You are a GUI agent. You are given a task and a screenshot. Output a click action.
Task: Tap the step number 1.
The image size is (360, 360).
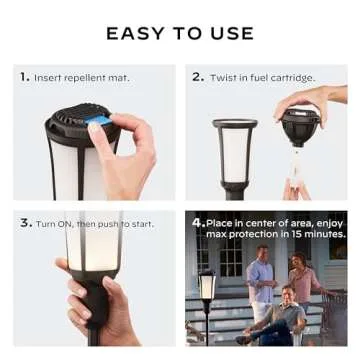point(23,76)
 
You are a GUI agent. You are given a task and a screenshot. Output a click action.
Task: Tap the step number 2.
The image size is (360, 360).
point(197,76)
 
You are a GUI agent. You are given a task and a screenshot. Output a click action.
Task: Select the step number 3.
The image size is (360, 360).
point(25,223)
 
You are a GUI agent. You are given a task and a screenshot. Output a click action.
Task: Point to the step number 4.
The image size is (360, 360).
point(198,222)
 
